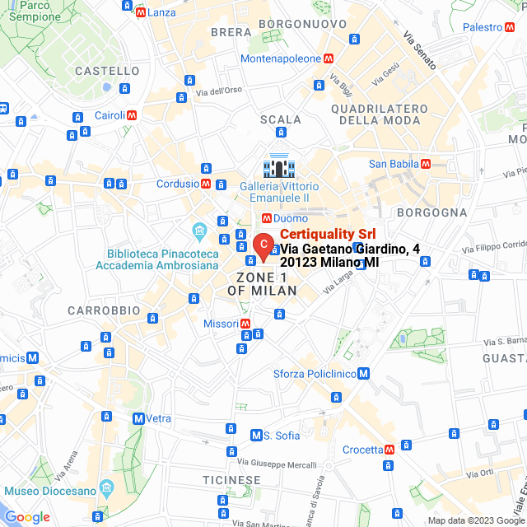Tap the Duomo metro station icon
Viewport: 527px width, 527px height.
point(266,218)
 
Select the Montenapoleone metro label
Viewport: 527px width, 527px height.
point(280,58)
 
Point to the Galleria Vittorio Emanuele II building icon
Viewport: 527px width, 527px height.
point(279,167)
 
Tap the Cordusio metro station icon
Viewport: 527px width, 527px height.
point(206,184)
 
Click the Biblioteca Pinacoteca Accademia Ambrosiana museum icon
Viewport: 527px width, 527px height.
point(198,229)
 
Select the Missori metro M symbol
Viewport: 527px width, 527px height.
point(245,324)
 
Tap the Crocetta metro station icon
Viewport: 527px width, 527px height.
point(389,450)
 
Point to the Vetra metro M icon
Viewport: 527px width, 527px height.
point(138,418)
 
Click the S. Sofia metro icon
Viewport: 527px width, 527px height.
point(257,435)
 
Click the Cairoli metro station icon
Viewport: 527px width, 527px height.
point(131,115)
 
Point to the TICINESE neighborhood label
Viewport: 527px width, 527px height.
point(231,480)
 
